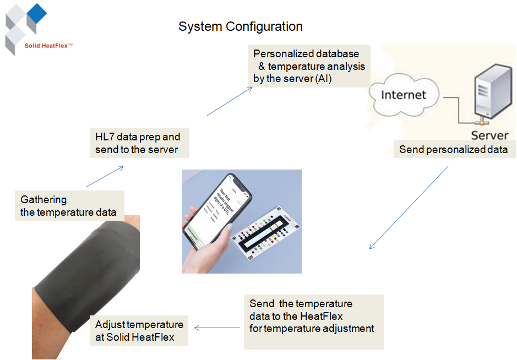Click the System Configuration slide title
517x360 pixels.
[241, 26]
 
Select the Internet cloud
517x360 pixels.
[404, 95]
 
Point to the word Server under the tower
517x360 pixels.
[489, 135]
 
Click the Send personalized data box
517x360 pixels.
[453, 149]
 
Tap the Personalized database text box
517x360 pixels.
[309, 66]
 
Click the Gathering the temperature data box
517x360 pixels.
[69, 206]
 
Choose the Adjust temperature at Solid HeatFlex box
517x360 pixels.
[139, 330]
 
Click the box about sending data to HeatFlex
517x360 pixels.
[313, 321]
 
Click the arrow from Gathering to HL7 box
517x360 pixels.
[105, 176]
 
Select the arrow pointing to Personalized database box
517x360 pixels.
[229, 101]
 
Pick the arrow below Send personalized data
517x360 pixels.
[409, 208]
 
